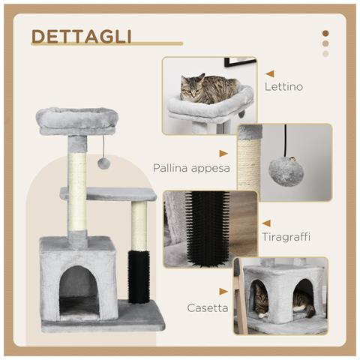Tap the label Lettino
(283, 87)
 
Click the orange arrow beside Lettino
(268, 73)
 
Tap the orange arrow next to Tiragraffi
(266, 223)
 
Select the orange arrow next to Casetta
(223, 291)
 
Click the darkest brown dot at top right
(325, 33)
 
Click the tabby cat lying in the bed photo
(207, 89)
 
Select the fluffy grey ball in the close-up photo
(286, 171)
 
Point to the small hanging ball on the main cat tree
(104, 163)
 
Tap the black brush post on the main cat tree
(139, 276)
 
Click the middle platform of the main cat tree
(109, 193)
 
